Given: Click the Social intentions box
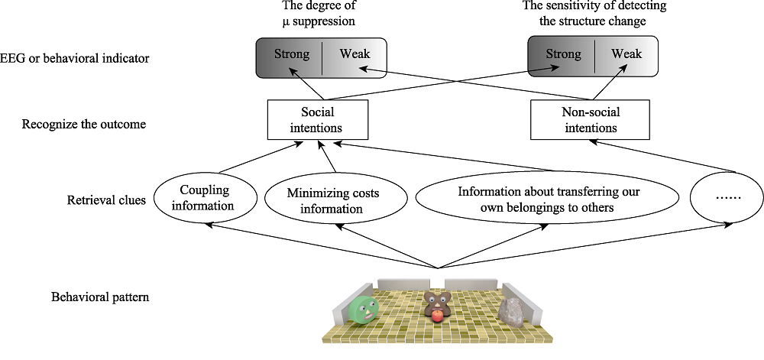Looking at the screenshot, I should tap(316, 121).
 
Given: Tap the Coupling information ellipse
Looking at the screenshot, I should tap(205, 198).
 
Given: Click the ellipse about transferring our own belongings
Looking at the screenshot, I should tap(546, 199).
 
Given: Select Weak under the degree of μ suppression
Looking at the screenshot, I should tap(354, 54).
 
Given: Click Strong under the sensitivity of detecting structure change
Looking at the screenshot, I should tap(562, 54).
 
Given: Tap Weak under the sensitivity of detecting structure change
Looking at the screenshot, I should tap(626, 54).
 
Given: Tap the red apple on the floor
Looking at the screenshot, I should tap(437, 315).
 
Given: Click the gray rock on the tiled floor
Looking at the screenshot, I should tap(511, 310).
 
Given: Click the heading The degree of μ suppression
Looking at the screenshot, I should tap(316, 14).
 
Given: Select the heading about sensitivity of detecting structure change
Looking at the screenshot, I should tap(584, 14).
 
